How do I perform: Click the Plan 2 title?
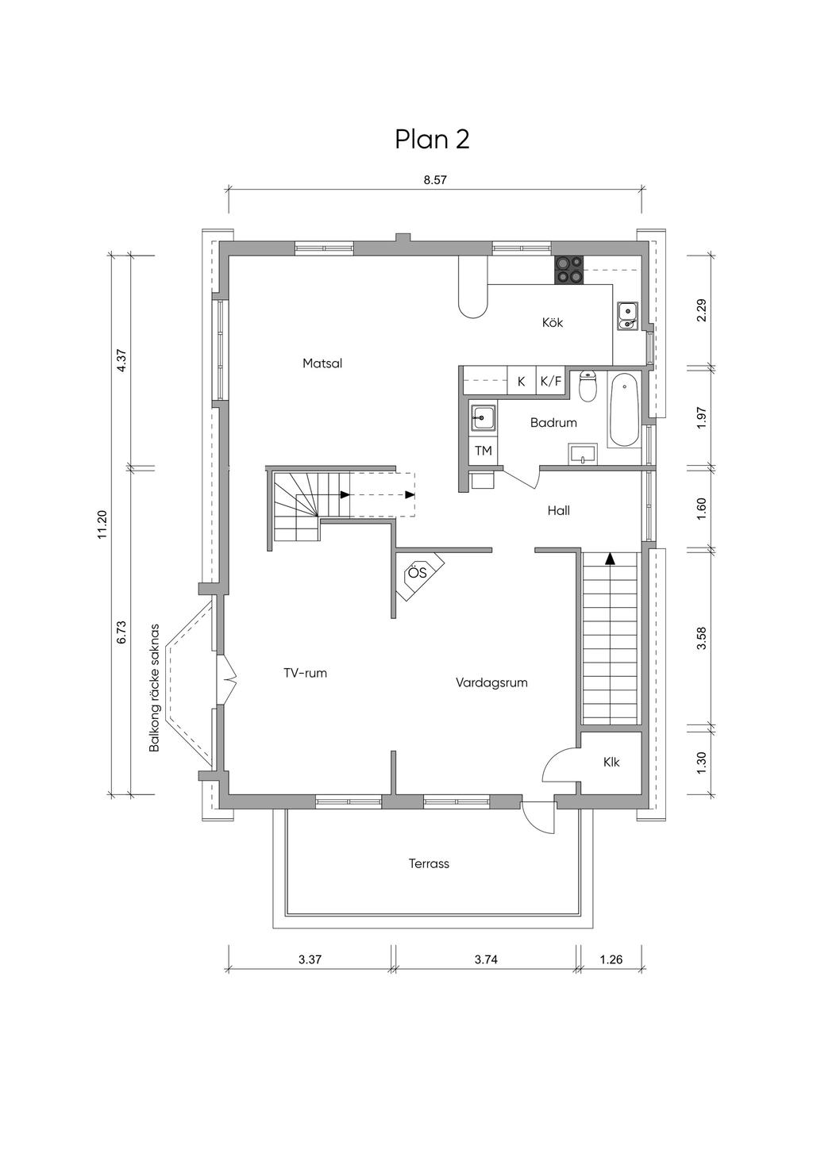tap(432, 139)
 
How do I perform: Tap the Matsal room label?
tap(322, 363)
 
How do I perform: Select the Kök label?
tap(553, 322)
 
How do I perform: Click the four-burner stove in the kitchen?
tap(569, 269)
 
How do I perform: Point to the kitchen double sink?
tap(626, 317)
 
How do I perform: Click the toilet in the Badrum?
tap(587, 386)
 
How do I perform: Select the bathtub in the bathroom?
tap(623, 409)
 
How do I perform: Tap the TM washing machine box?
tap(483, 451)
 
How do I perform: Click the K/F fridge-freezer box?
tap(551, 381)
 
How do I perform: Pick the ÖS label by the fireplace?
tap(418, 572)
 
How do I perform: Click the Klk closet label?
tap(611, 763)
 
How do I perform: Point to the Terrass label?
tap(429, 864)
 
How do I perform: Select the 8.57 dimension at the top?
tap(435, 179)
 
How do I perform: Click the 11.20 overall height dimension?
tap(102, 524)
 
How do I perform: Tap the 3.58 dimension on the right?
tap(702, 638)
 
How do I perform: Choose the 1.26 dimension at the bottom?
tap(611, 959)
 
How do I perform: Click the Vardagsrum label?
tap(491, 683)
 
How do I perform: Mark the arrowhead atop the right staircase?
tap(609, 559)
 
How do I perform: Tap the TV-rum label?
tap(305, 673)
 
